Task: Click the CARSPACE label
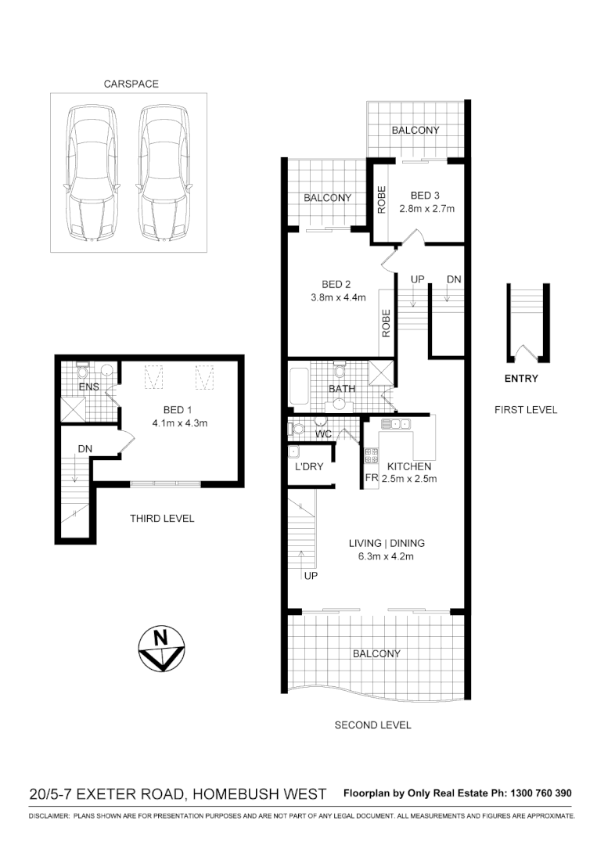[131, 84]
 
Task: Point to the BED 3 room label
[426, 195]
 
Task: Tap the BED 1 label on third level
[178, 410]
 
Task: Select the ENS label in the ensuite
[88, 387]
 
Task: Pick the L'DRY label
[308, 467]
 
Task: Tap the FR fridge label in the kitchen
[371, 478]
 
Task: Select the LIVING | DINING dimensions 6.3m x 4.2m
[381, 557]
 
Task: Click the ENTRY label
[521, 379]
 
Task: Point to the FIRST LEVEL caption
[526, 409]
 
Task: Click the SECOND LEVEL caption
[372, 725]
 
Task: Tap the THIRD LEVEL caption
[162, 518]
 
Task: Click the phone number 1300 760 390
[541, 793]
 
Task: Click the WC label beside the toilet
[322, 433]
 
